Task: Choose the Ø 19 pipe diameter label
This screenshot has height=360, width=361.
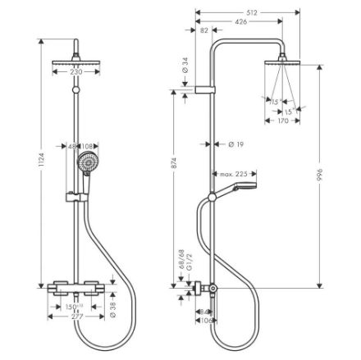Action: coord(238,146)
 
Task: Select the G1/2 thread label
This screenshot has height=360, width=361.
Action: coord(186,266)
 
